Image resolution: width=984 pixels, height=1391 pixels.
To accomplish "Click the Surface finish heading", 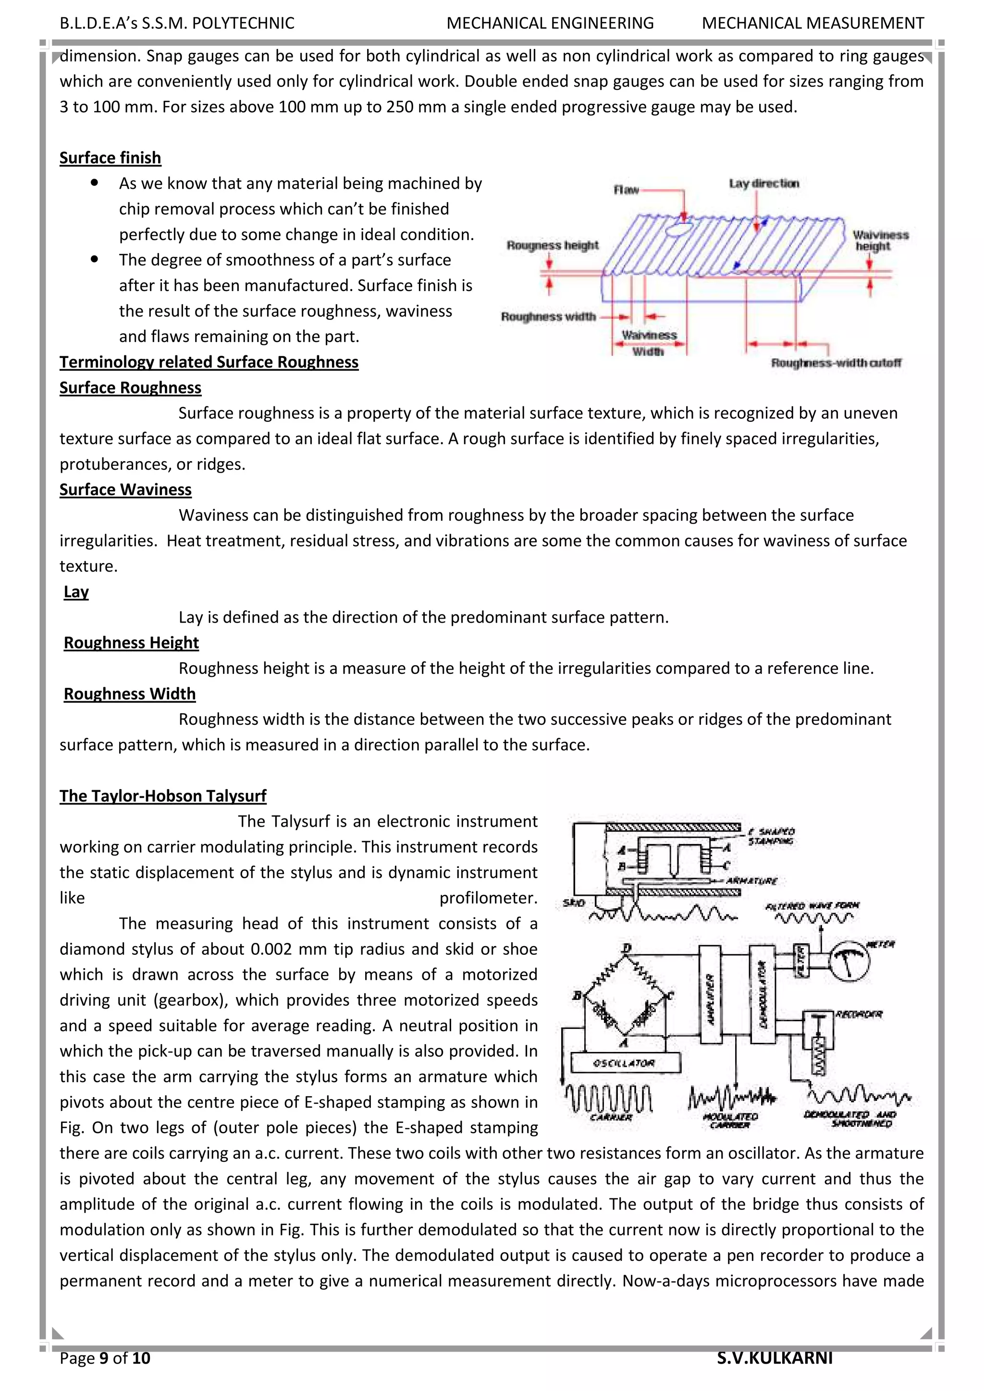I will (111, 158).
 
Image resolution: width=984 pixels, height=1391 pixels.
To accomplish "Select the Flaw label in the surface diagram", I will (626, 190).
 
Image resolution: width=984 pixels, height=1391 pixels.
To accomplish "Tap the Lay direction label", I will (763, 183).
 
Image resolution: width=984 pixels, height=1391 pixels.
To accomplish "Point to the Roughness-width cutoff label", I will (836, 363).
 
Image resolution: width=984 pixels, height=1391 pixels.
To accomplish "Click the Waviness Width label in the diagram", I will (648, 343).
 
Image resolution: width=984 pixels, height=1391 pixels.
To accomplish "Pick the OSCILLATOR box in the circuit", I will (624, 1063).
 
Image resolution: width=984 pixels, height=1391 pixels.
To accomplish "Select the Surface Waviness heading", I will (125, 489).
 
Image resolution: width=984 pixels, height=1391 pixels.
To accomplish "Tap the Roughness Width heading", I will (130, 694).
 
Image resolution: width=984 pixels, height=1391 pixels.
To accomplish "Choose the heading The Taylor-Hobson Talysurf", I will (162, 796).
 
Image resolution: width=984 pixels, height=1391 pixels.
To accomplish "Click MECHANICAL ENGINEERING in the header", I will (550, 24).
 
